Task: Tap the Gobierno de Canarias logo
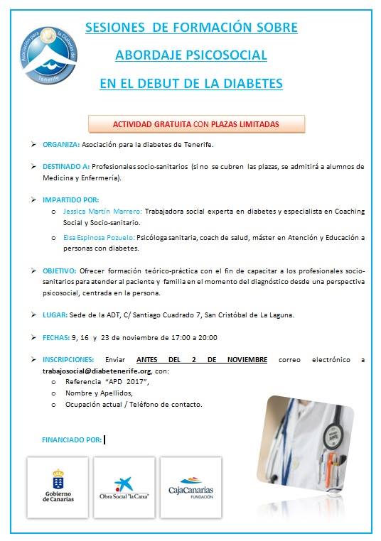pyautogui.click(x=58, y=486)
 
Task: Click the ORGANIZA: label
pyautogui.click(x=60, y=144)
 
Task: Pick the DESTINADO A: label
pyautogui.click(x=65, y=166)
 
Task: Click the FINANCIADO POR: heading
pyautogui.click(x=73, y=439)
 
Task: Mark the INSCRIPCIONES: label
pyautogui.click(x=68, y=360)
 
